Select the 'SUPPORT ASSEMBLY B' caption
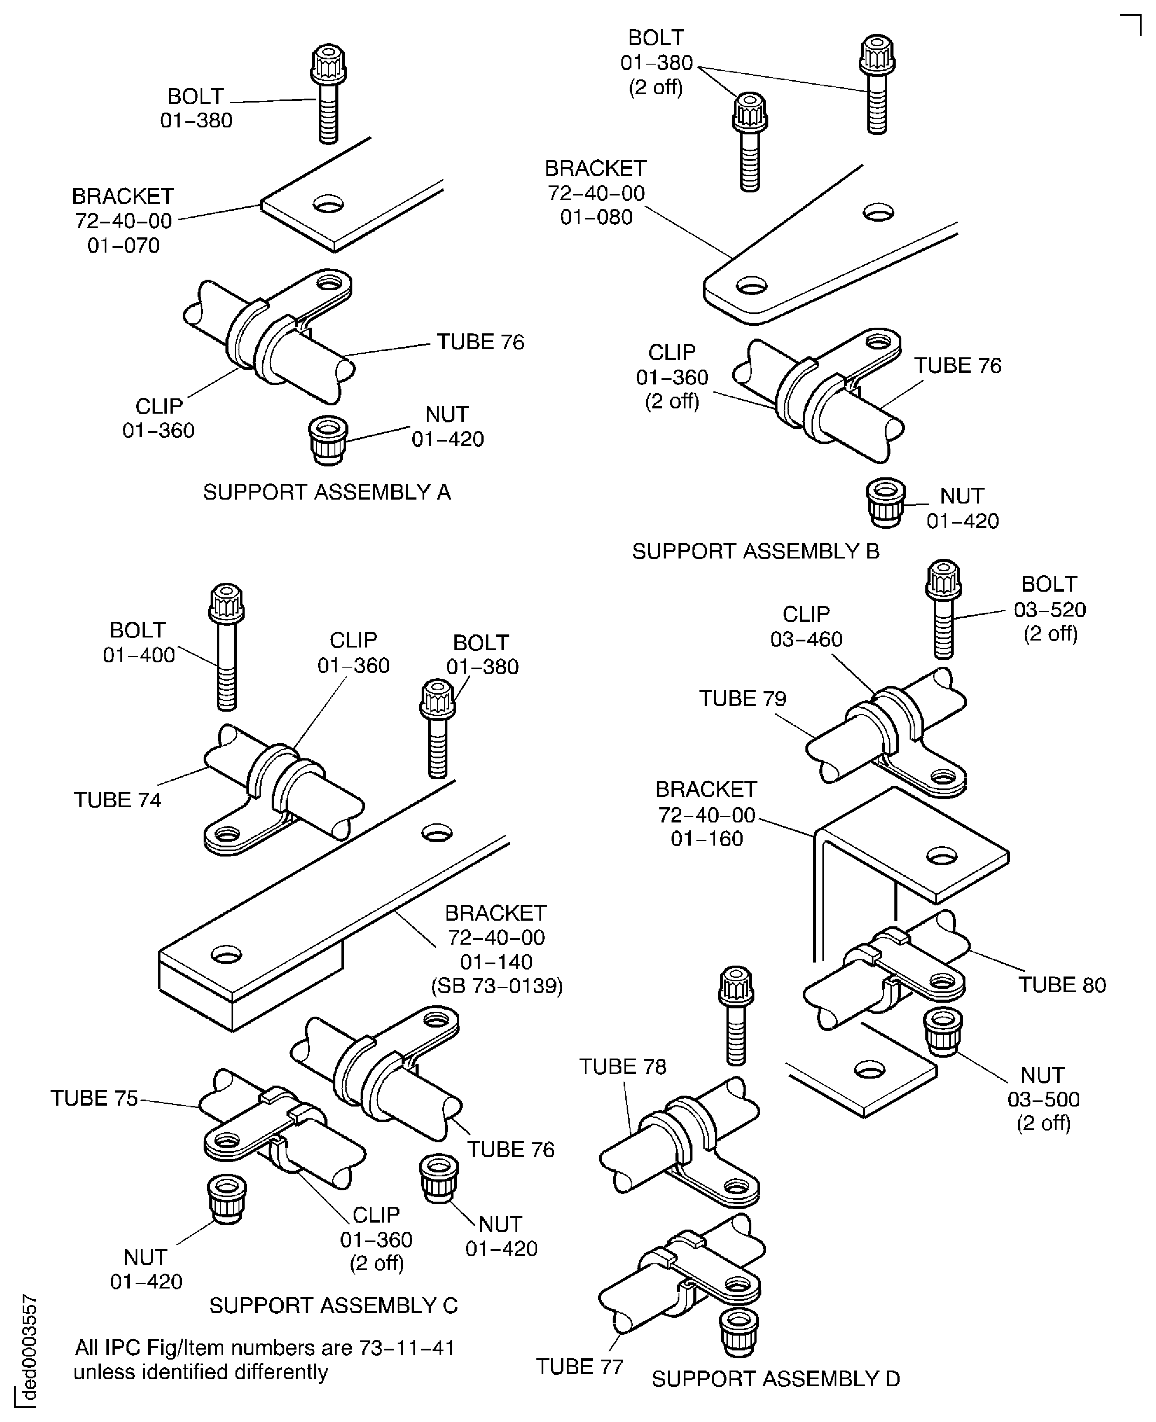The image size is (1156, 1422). [x=755, y=552]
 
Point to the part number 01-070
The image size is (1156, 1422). [x=123, y=246]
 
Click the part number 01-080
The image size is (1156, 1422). [x=596, y=217]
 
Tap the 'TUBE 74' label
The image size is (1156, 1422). [x=117, y=800]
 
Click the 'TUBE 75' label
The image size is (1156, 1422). [x=94, y=1098]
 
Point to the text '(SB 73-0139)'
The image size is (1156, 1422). [x=497, y=986]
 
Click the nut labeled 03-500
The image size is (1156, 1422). [x=943, y=1031]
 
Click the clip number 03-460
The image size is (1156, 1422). [x=806, y=640]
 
